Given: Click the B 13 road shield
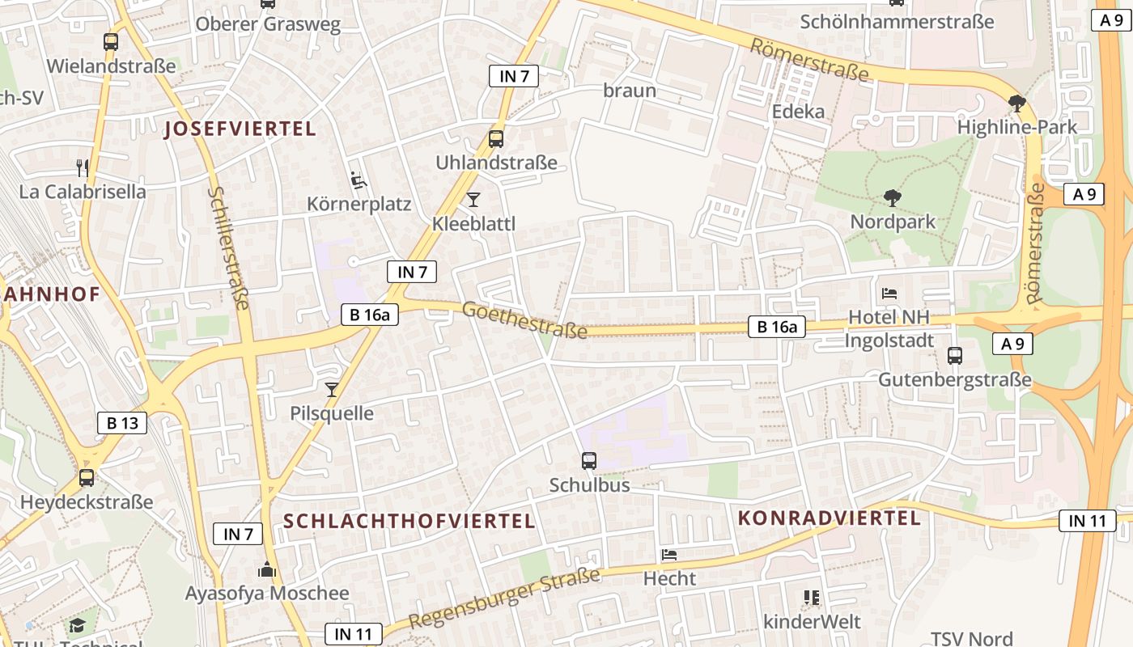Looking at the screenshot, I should tap(122, 422).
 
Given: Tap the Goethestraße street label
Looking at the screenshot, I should tap(524, 320).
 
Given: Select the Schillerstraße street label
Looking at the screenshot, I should tap(229, 247).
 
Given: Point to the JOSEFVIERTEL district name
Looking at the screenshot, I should tap(240, 129).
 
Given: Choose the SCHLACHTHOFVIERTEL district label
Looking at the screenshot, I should tap(409, 521).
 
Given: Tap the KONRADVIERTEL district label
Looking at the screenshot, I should tap(830, 518).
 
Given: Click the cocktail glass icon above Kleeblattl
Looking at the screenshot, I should tap(473, 199).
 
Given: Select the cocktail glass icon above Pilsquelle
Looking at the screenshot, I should tap(331, 390).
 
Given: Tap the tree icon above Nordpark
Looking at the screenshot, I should tap(893, 197).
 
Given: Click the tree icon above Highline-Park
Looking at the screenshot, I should tap(1017, 104).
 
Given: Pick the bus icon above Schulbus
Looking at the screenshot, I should tap(589, 461).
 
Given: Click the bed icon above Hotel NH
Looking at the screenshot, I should tap(889, 293).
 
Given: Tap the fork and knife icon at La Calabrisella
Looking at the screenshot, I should tap(83, 168).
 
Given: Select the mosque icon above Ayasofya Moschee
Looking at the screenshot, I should tap(267, 569).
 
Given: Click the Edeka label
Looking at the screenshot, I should tap(798, 111).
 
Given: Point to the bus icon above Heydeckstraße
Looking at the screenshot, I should tap(87, 478).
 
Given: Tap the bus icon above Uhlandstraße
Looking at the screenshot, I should tap(496, 138).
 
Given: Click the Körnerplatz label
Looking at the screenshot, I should tap(359, 204).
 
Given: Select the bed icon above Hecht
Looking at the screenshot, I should tap(669, 554).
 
